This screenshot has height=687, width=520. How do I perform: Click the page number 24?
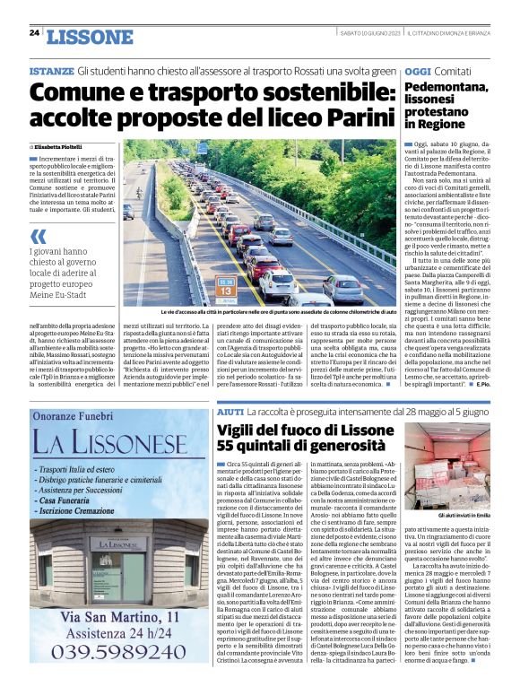pyautogui.click(x=34, y=33)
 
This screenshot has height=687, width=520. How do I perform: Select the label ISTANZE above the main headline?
pyautogui.click(x=51, y=71)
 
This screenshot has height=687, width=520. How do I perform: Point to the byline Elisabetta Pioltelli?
pyautogui.click(x=64, y=145)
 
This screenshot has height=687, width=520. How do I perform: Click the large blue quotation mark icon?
pyautogui.click(x=38, y=237)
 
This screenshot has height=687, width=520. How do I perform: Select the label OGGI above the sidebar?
pyautogui.click(x=418, y=71)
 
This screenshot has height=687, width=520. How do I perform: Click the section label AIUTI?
pyautogui.click(x=230, y=409)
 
